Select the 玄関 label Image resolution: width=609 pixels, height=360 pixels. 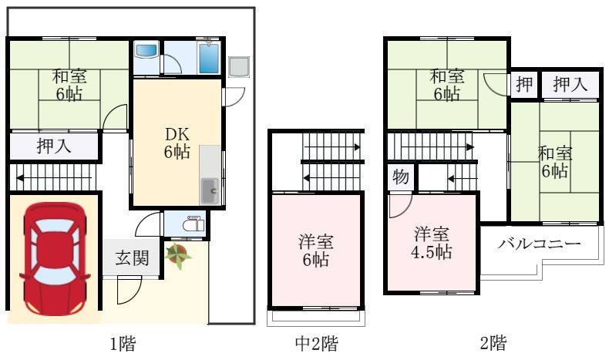(x=133, y=258)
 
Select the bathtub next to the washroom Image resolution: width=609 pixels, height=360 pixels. (x=209, y=57)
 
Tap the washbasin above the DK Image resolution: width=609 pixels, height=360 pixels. (x=146, y=51)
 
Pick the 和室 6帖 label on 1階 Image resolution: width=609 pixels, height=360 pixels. (x=69, y=86)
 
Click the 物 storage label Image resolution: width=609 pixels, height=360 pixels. (x=401, y=177)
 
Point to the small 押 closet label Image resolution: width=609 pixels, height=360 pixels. (x=523, y=84)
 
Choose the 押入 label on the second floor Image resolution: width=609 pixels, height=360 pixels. (x=570, y=84)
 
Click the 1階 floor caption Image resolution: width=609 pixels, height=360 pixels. (x=123, y=344)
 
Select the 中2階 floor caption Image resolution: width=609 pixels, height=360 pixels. (x=316, y=344)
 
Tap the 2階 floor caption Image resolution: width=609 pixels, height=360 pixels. (x=493, y=344)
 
